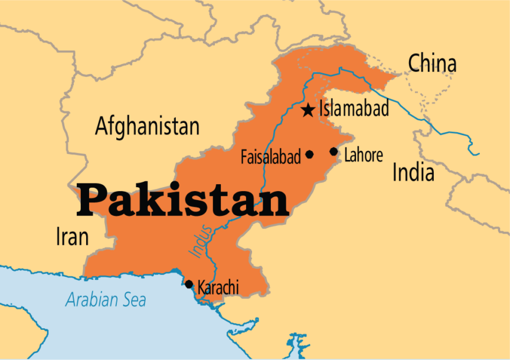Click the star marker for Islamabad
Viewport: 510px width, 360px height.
click(308, 110)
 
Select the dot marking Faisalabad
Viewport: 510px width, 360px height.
click(309, 155)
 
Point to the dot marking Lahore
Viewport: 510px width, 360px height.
click(334, 152)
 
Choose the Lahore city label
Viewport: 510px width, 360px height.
click(364, 155)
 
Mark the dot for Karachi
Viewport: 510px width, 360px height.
click(189, 284)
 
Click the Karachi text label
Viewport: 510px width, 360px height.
click(218, 288)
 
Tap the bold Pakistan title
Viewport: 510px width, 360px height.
click(182, 200)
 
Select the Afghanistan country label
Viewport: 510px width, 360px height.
click(147, 126)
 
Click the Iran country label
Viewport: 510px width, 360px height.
click(72, 237)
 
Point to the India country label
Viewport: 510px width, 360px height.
click(413, 173)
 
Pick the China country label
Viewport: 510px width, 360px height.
click(432, 63)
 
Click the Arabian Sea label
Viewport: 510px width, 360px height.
click(106, 300)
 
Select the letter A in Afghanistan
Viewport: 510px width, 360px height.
click(102, 126)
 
